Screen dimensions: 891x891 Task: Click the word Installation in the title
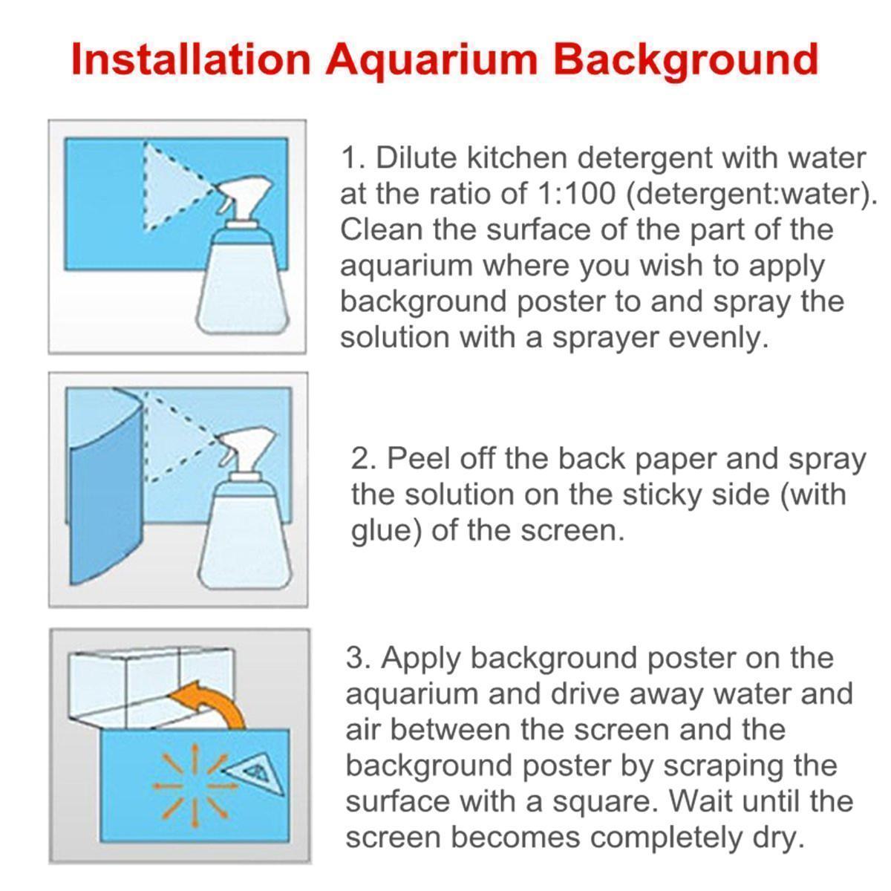(191, 59)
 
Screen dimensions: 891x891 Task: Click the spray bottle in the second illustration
(246, 509)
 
